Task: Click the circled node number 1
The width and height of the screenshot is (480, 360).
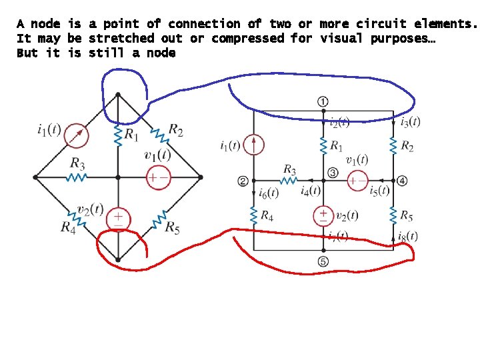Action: coord(323,101)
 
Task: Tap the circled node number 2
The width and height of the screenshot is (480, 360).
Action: coord(243,181)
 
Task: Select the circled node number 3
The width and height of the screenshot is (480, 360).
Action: coord(333,174)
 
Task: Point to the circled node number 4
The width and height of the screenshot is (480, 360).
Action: coord(402,181)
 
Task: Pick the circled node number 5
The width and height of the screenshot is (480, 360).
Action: coord(323,261)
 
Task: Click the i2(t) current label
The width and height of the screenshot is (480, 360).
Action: coord(339,122)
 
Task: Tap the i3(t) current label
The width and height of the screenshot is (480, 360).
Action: coord(410,121)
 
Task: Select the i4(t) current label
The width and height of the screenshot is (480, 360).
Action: coord(311,191)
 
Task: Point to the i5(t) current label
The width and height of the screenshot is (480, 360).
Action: coord(379,191)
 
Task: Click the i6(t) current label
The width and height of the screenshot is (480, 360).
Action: coord(268,193)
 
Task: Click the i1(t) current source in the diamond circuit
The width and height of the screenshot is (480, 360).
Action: coord(77,135)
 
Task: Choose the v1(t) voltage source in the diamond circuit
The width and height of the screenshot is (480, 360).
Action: coord(158,177)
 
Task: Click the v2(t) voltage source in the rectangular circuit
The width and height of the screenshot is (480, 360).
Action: coord(323,215)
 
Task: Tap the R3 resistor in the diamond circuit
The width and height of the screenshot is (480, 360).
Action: coord(77,177)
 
